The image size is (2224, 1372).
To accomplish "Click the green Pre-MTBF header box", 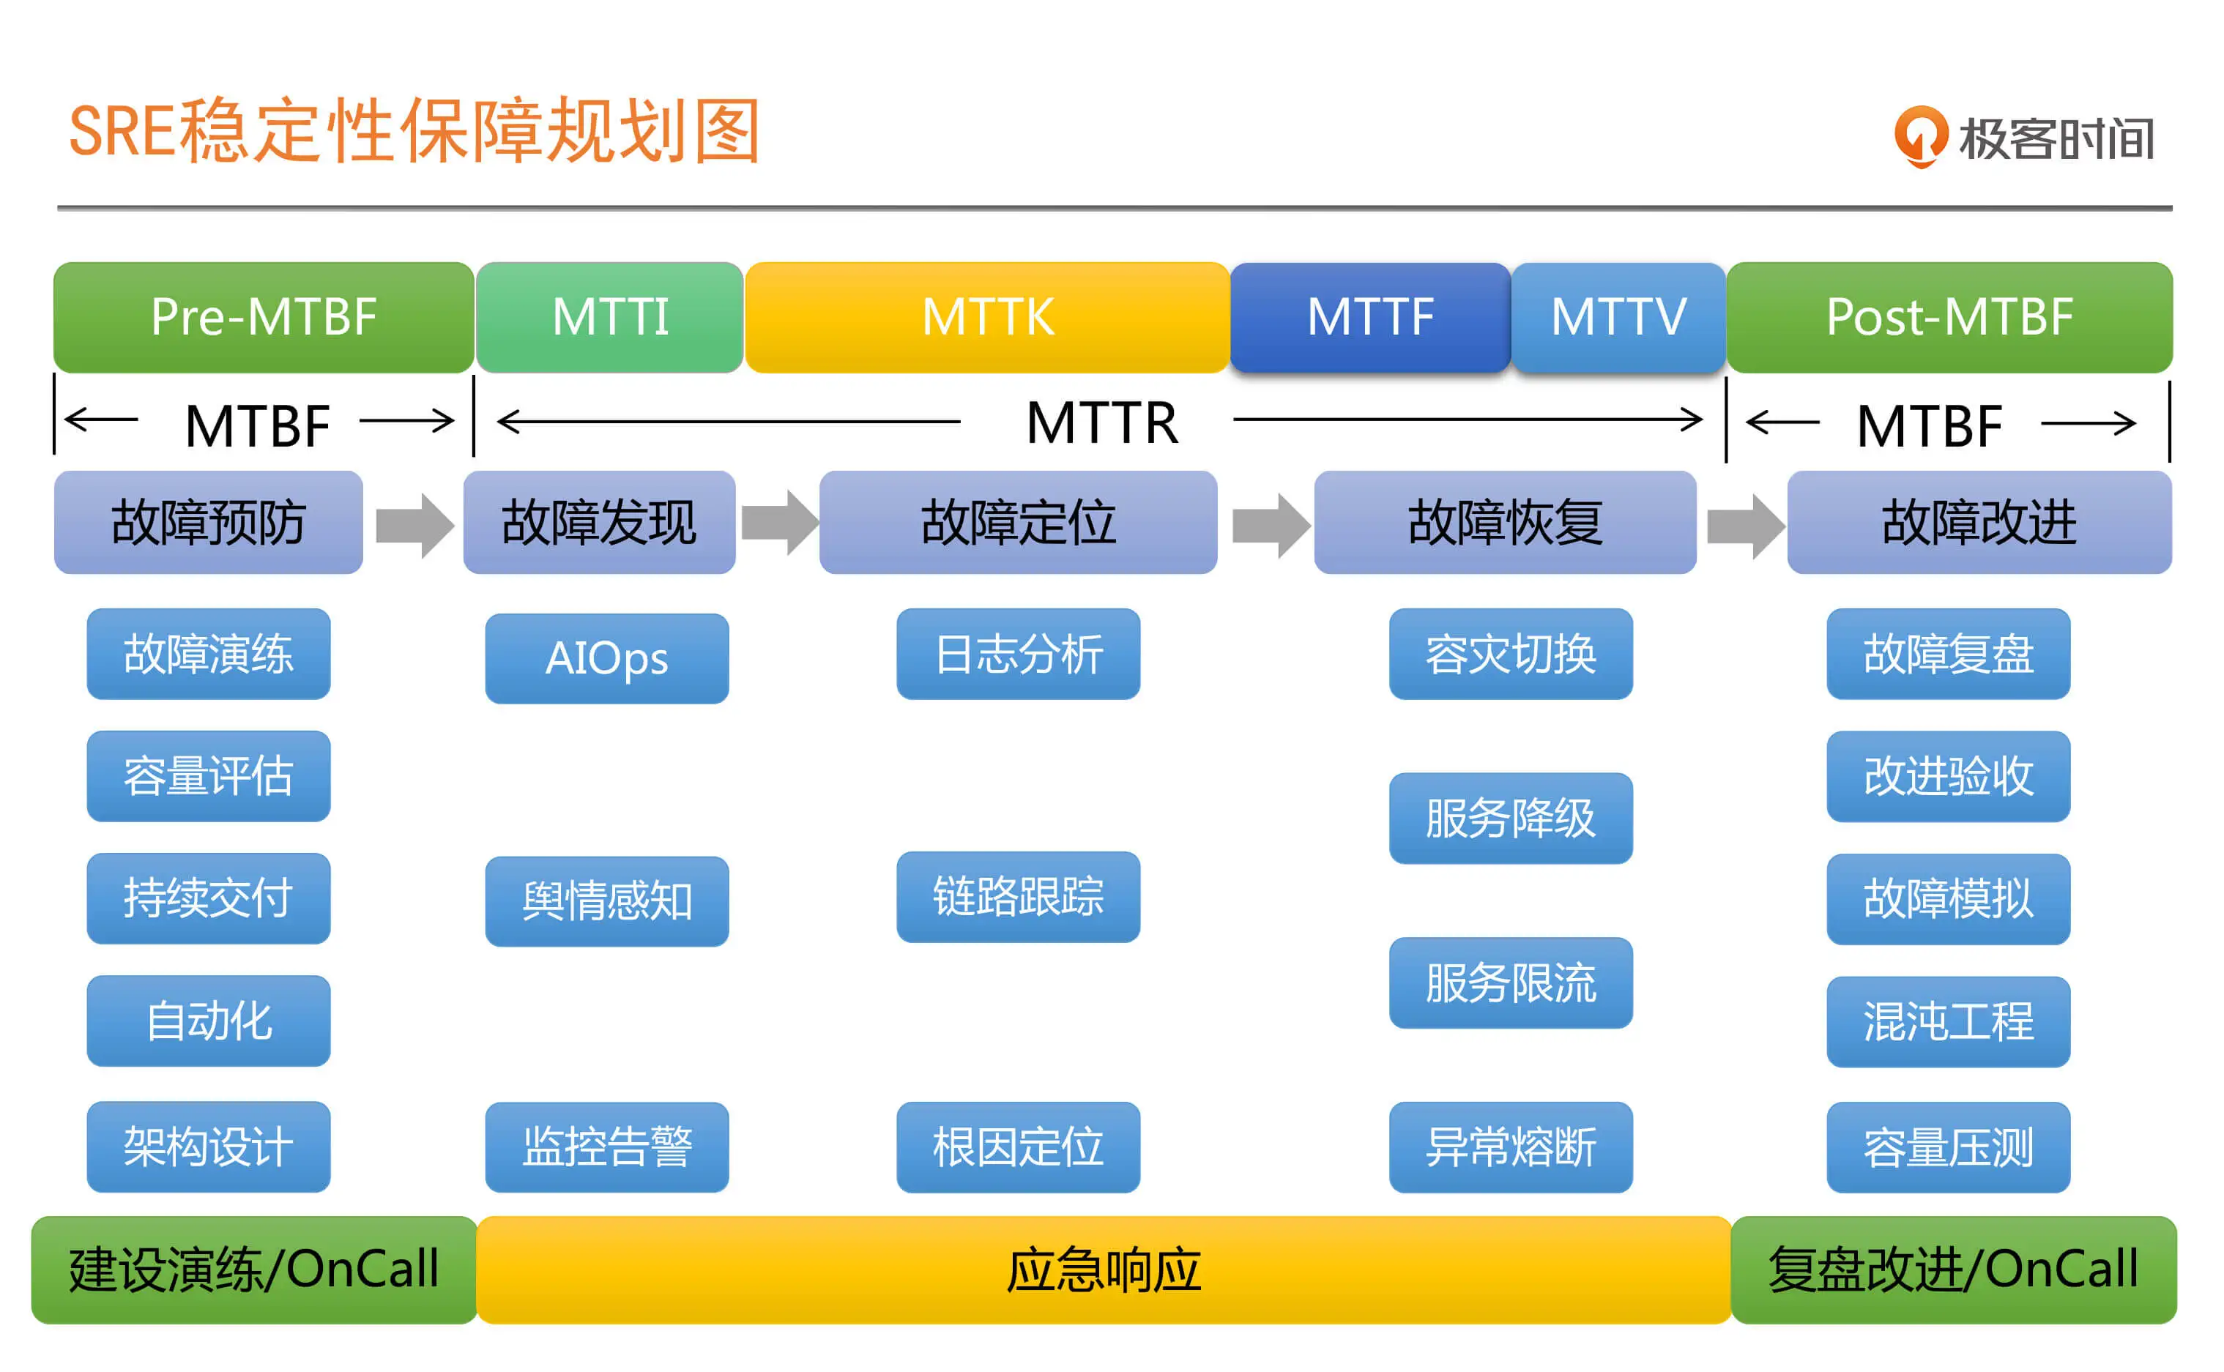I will coord(263,317).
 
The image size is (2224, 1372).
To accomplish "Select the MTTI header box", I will coord(610,317).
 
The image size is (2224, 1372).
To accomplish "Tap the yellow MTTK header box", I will coord(987,317).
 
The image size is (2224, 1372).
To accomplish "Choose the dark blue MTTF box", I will coord(1370,317).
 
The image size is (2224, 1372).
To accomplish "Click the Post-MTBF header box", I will coord(1949,317).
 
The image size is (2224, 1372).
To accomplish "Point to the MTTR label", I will coord(1101,423).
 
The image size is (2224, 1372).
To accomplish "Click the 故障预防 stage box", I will coord(208,522).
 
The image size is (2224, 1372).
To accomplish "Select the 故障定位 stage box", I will coord(1018,522).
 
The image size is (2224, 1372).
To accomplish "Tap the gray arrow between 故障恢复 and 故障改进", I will coord(1745,526).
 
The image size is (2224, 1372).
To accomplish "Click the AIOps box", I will coord(606,658).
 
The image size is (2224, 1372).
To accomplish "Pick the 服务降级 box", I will coord(1510,818).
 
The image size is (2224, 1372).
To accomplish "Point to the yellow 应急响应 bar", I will coord(1104,1270).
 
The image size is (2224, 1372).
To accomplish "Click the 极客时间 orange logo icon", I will coord(1920,137).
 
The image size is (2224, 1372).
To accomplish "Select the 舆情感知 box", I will coord(606,901).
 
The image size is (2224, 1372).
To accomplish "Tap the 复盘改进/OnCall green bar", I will coord(1953,1270).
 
